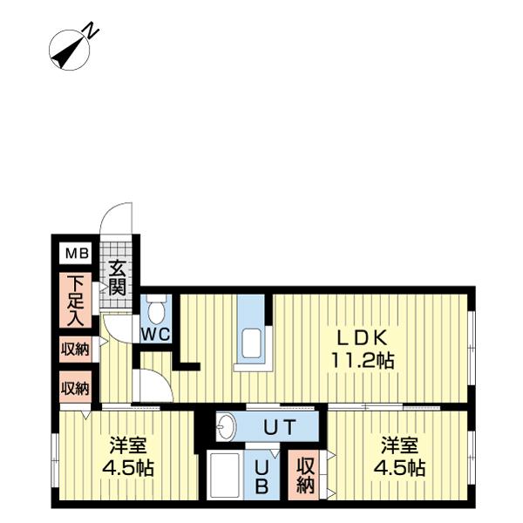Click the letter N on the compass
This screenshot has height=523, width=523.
tap(91, 31)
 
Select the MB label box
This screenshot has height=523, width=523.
tap(75, 253)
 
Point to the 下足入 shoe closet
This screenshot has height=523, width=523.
tap(75, 300)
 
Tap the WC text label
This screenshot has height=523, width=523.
tap(156, 334)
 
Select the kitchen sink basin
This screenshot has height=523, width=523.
tap(252, 344)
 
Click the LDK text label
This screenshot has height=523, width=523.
tap(363, 338)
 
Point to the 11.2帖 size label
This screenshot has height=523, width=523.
tap(363, 361)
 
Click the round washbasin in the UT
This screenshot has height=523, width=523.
tap(226, 426)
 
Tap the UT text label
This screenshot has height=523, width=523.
tap(280, 427)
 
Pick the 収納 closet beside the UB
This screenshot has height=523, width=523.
tap(303, 475)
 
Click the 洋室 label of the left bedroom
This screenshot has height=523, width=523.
tap(128, 445)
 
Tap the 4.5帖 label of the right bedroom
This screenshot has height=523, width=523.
tap(399, 468)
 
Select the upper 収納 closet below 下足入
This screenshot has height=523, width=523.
tap(75, 350)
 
